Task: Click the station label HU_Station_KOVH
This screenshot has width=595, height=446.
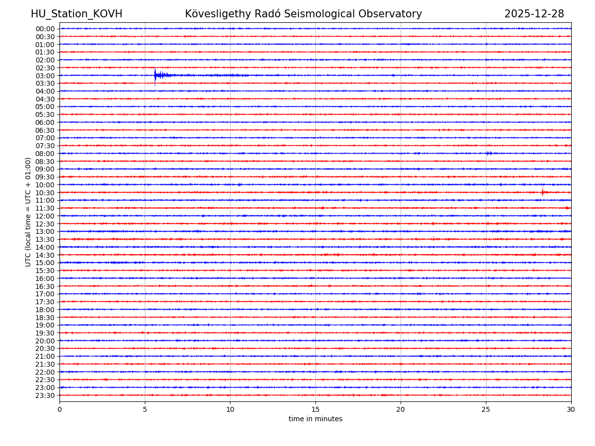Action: coord(76,14)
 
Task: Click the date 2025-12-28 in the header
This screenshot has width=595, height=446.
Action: coord(534,14)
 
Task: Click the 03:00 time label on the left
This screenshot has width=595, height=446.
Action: coord(45,76)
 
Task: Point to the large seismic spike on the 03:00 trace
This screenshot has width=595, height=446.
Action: coord(155,75)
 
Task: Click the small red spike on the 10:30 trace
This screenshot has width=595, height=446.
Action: coord(542,192)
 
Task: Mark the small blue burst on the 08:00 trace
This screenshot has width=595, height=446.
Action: coord(489,153)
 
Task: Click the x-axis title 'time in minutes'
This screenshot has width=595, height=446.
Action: coord(315,419)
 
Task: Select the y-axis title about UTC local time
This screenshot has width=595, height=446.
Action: coord(28,212)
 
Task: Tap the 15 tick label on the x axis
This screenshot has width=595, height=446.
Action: coord(315,410)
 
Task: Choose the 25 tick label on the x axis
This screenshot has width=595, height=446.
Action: coord(486,410)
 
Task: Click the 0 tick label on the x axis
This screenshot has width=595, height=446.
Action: coord(59,410)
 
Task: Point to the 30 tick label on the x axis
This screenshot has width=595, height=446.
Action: coord(571,410)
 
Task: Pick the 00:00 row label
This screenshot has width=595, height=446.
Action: coord(45,29)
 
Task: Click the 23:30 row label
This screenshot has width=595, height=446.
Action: coord(45,395)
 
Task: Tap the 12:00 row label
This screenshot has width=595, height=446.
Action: coord(45,216)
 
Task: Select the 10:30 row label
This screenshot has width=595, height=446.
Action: coord(45,193)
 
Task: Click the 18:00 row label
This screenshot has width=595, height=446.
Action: coord(45,310)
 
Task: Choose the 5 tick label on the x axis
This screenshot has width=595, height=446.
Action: coord(145,410)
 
